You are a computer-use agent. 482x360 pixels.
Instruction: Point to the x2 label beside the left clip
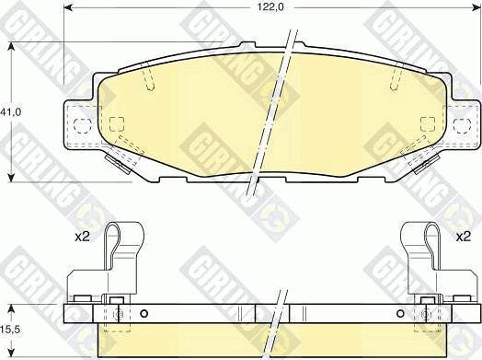(83, 237)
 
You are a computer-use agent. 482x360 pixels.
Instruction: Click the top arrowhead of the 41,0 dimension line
(11, 46)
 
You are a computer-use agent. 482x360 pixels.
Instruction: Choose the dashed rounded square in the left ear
(82, 124)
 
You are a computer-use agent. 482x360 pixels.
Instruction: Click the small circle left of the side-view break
(144, 313)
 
